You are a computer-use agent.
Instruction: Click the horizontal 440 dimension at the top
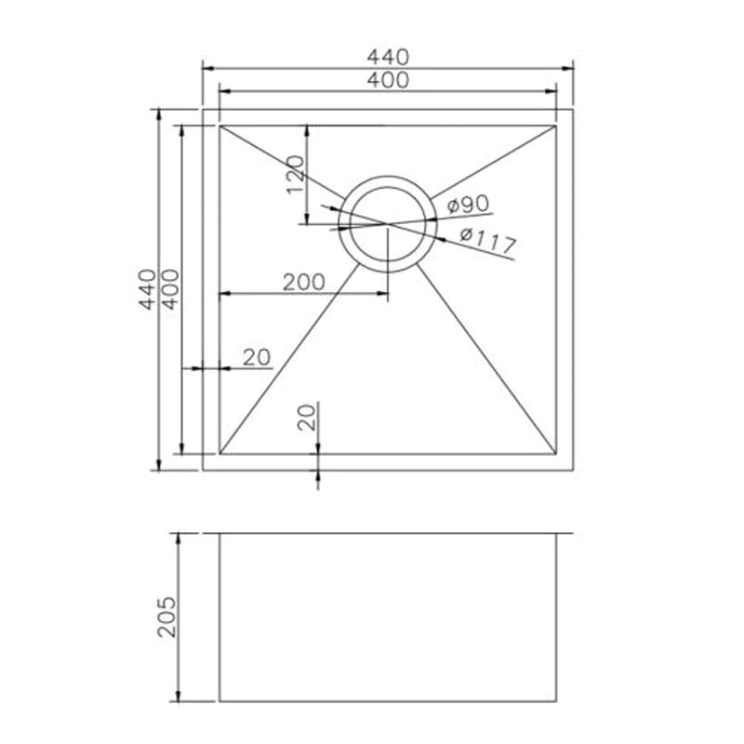(387, 57)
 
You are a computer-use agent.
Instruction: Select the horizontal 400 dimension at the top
(387, 80)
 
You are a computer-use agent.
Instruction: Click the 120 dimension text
(295, 174)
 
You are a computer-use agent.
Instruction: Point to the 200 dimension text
(303, 282)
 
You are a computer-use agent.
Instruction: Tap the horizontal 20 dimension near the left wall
(256, 357)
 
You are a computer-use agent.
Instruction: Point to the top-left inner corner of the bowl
(219, 126)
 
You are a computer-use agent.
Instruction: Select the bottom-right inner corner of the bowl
(556, 454)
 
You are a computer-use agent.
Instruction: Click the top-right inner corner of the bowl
(556, 126)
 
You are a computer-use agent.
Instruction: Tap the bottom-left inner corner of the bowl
(219, 454)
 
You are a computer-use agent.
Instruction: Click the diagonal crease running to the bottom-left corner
(288, 359)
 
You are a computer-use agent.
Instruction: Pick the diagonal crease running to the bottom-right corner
(486, 359)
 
